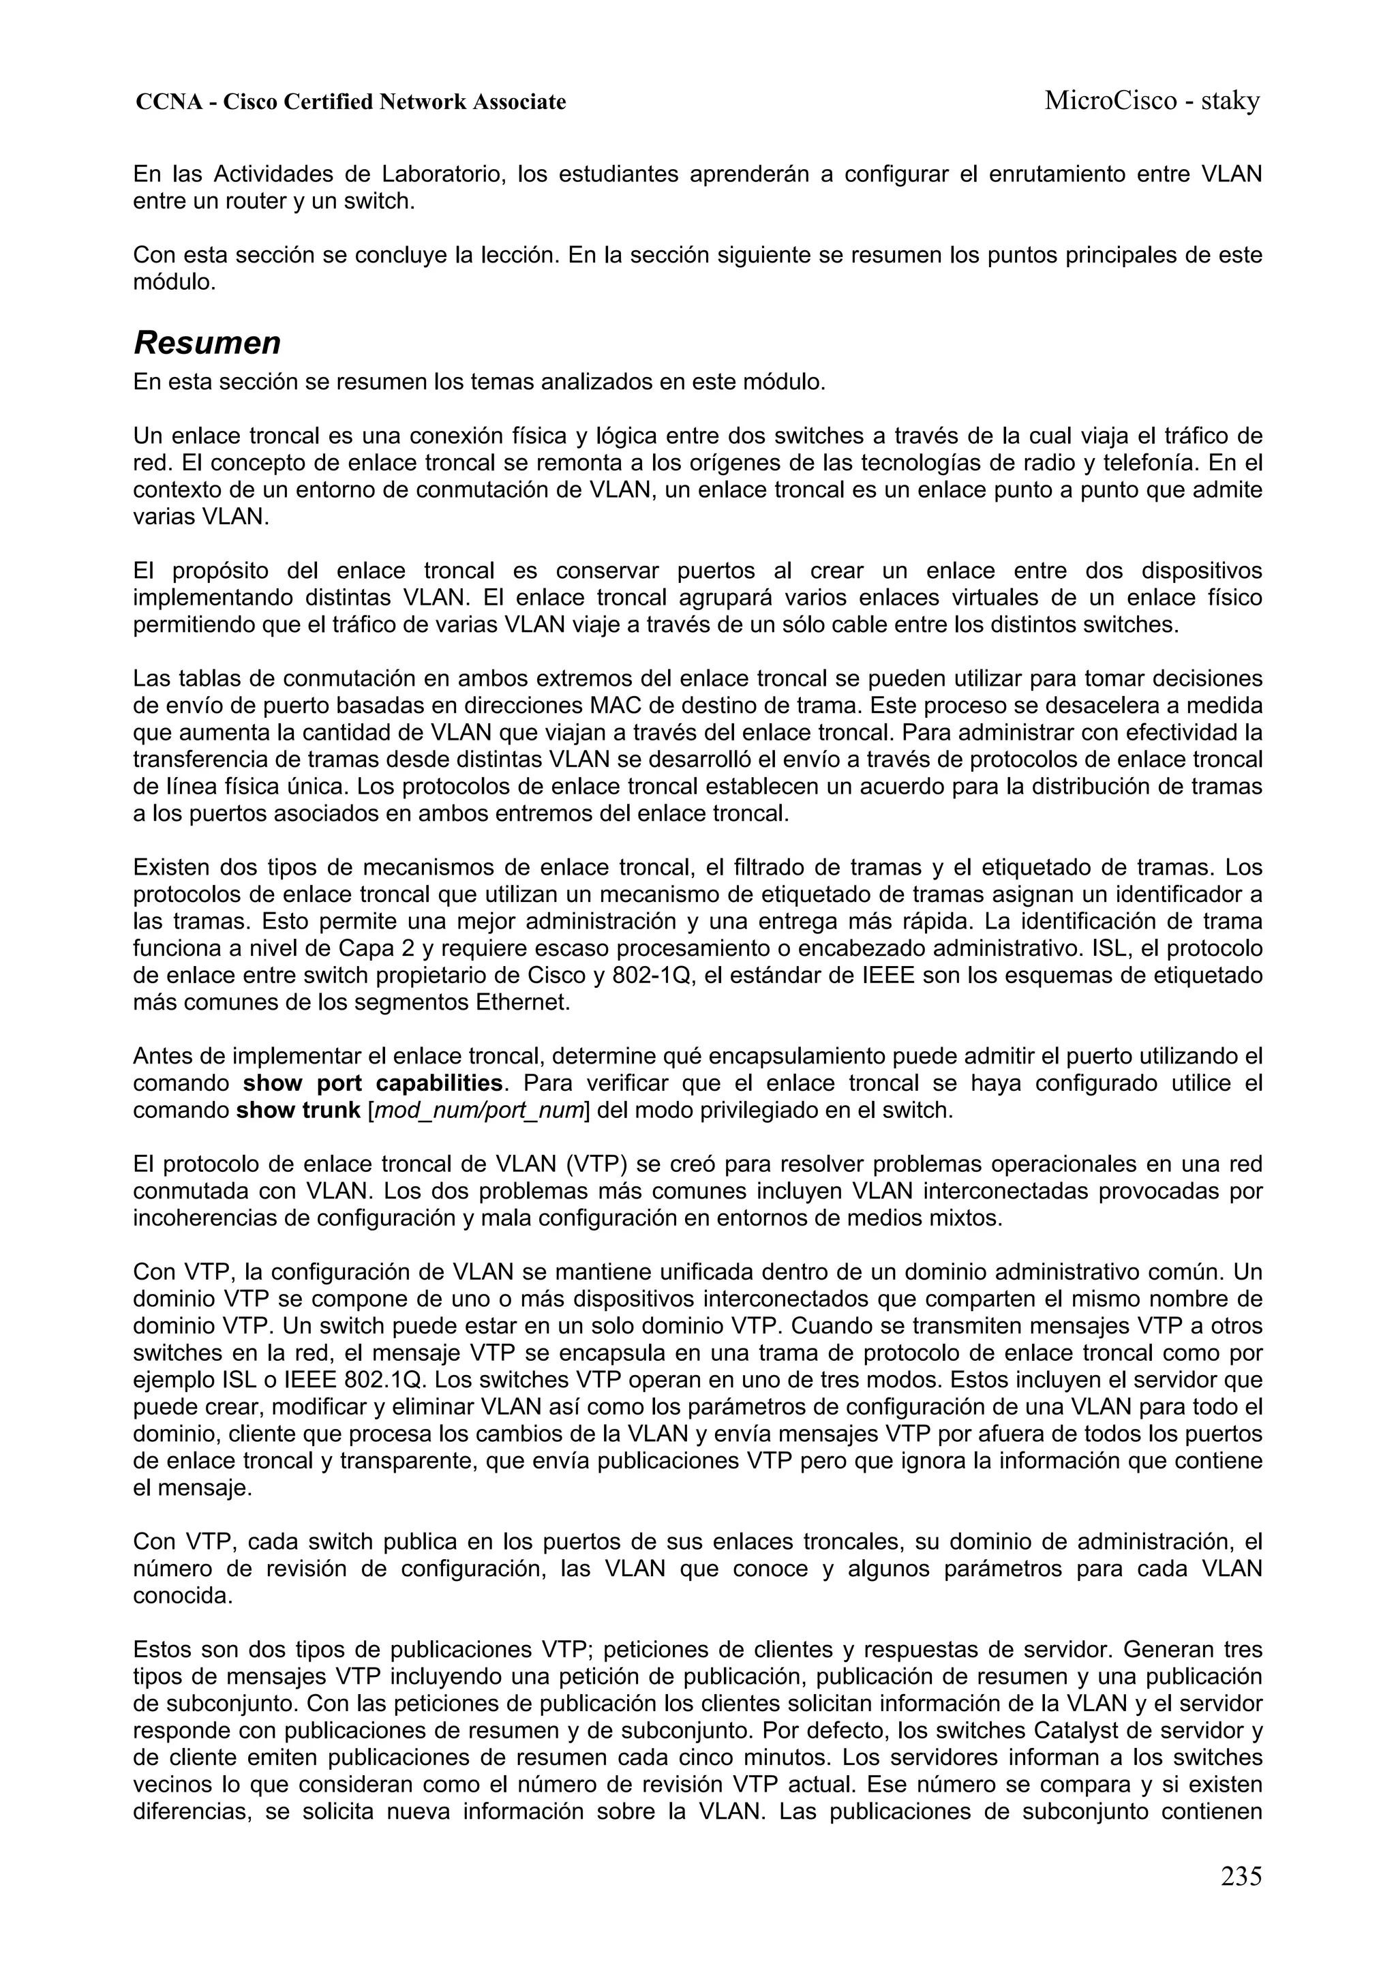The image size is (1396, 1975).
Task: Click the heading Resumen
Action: [x=207, y=343]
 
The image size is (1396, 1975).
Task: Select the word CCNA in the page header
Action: [x=168, y=102]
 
